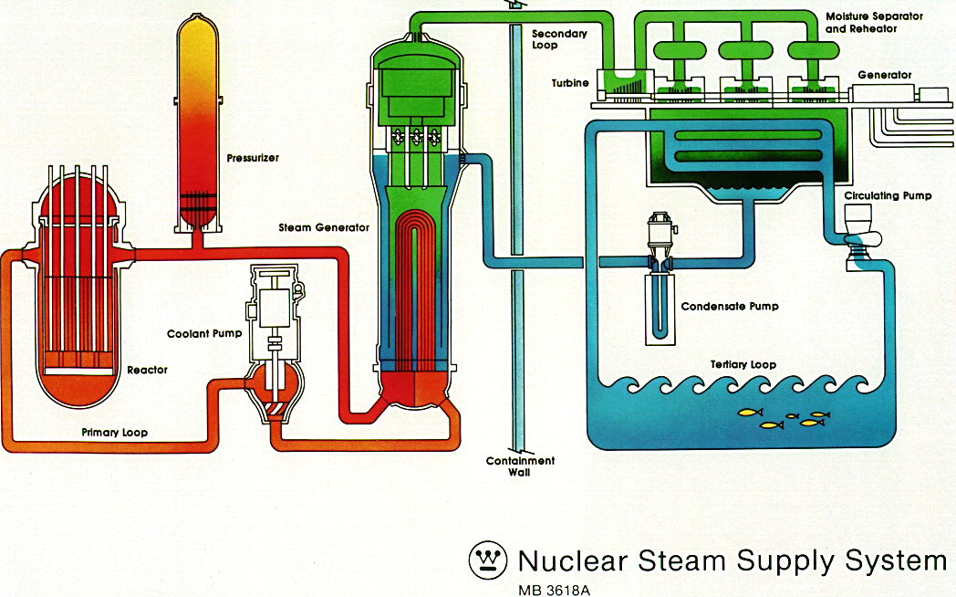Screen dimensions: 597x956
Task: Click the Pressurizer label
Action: [253, 158]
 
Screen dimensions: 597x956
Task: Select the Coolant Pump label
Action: [204, 333]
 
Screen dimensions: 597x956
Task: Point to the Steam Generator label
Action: [324, 227]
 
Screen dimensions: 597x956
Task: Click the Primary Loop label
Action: [114, 433]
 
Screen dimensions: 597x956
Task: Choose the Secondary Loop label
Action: [559, 40]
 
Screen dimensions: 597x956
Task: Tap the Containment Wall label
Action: [520, 466]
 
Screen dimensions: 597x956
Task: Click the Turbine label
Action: [571, 84]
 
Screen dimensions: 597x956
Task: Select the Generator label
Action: [884, 75]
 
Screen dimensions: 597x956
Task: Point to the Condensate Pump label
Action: [729, 307]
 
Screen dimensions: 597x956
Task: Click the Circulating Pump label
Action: [888, 196]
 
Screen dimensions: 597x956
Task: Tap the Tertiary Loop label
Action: [743, 364]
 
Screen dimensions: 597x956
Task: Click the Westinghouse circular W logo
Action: [487, 559]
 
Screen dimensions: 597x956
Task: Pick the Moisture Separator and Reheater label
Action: [873, 23]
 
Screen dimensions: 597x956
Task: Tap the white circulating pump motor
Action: [858, 220]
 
